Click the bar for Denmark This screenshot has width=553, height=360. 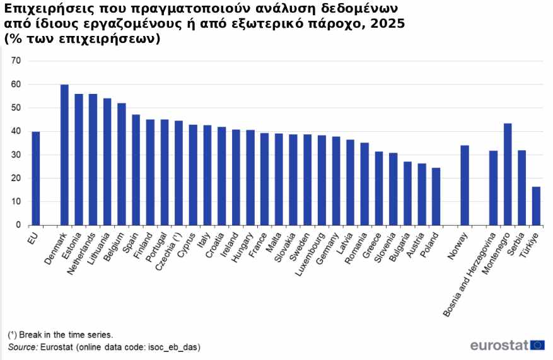click(x=64, y=154)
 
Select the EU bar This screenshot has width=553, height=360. click(x=36, y=178)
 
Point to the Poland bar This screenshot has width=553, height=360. click(x=436, y=196)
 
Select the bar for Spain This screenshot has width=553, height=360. click(x=136, y=170)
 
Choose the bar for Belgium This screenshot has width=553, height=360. click(x=122, y=164)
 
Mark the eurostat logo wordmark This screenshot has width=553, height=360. click(x=498, y=345)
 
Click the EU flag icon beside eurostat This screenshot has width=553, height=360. click(x=538, y=345)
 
